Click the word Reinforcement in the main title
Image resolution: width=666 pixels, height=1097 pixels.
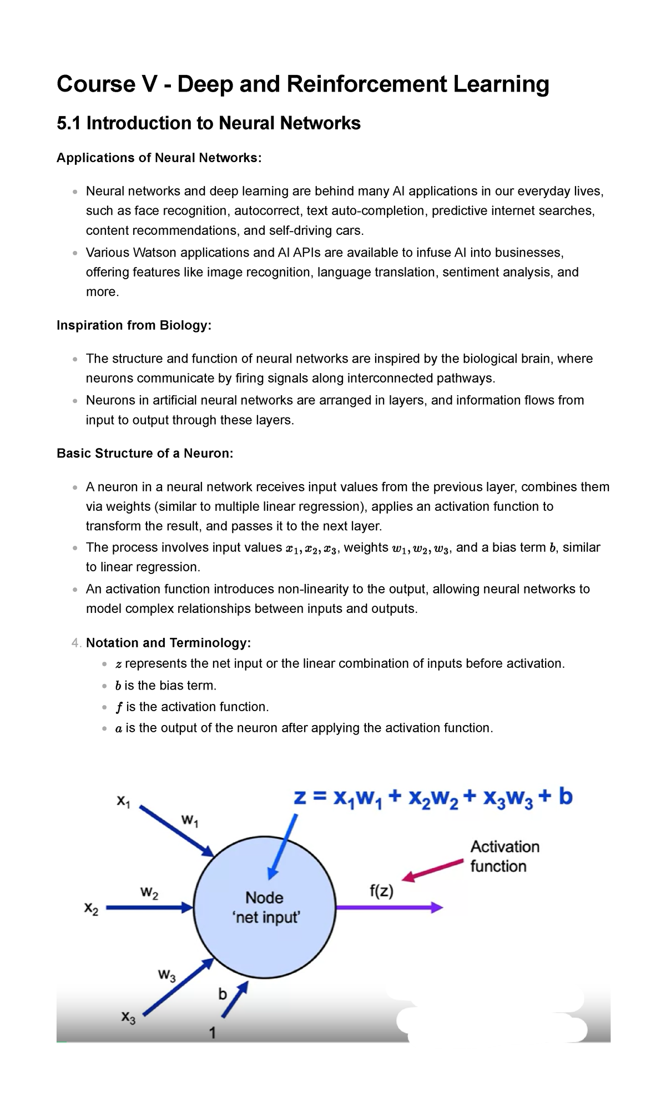(366, 84)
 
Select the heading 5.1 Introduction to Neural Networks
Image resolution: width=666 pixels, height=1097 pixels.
(209, 123)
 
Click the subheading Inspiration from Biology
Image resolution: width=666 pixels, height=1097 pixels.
(134, 325)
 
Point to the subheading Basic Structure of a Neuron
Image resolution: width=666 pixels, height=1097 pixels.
(145, 454)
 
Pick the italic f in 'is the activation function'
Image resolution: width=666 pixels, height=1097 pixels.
(118, 707)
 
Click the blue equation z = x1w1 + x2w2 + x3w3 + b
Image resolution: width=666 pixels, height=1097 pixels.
(433, 799)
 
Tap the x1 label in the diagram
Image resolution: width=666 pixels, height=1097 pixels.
(123, 801)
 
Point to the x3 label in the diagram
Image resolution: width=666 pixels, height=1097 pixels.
(128, 1017)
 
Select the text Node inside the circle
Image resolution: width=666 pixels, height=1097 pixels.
(265, 898)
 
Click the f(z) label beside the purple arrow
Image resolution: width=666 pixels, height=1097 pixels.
(381, 892)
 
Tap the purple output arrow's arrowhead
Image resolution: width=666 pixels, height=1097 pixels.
(436, 908)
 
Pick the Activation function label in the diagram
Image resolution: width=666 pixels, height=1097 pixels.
(504, 856)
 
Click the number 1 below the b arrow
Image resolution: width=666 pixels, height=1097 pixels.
(213, 1033)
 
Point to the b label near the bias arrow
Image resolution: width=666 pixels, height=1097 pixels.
(223, 994)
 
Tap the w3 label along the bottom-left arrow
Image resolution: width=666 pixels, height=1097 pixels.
(167, 975)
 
